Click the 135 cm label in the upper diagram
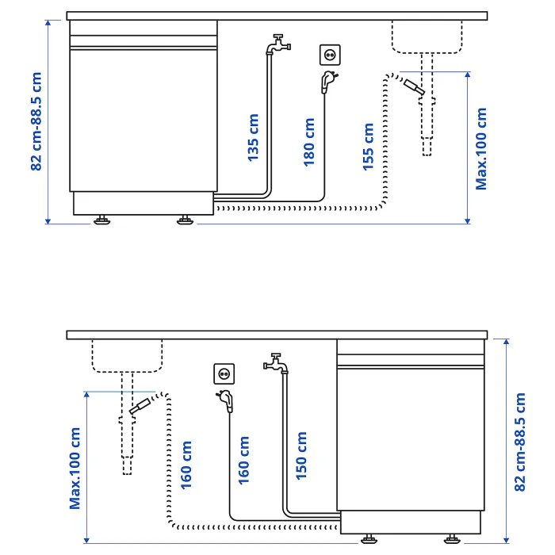point(253,138)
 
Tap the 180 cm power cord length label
point(309,142)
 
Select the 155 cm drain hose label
point(368,147)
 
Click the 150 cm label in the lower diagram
point(301,456)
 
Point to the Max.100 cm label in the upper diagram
point(481,149)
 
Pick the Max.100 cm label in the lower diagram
point(75,469)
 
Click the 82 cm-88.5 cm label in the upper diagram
point(36,121)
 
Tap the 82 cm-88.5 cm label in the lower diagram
point(520,442)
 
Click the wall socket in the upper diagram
point(331,55)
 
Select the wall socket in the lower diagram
point(224,373)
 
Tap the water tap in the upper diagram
point(279,44)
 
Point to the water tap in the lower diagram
point(276,363)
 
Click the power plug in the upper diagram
point(328,82)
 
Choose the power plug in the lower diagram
point(226,400)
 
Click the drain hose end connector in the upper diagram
point(414,87)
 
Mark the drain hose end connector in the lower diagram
point(140,406)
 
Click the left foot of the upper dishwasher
point(102,220)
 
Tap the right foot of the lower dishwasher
point(452,538)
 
